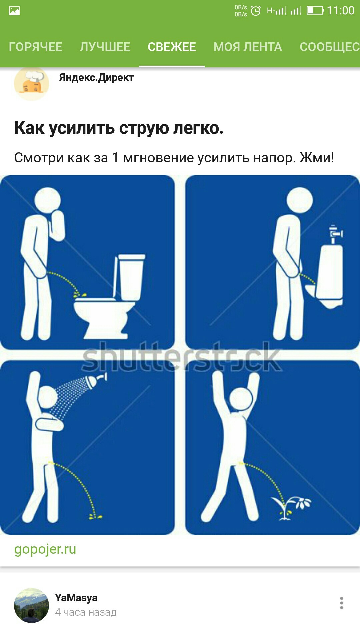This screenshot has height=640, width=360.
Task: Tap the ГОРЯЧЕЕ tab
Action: click(35, 47)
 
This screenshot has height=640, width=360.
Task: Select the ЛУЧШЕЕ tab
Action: click(105, 47)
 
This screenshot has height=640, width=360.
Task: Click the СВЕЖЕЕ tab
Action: click(172, 47)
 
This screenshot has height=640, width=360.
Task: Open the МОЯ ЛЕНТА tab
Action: click(248, 47)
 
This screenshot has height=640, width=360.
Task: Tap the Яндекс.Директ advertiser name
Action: click(96, 78)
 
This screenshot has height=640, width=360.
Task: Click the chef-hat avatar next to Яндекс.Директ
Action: click(31, 83)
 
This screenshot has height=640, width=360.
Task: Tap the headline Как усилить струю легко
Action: click(119, 128)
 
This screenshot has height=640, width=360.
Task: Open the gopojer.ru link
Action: click(45, 550)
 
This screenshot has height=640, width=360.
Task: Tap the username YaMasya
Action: click(76, 598)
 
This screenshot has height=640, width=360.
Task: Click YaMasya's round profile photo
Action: click(31, 605)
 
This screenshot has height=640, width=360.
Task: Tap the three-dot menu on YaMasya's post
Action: click(341, 603)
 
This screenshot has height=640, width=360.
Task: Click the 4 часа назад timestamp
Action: click(86, 612)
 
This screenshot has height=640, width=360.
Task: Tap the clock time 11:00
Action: click(340, 11)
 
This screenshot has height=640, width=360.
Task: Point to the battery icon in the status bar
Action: click(315, 11)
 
